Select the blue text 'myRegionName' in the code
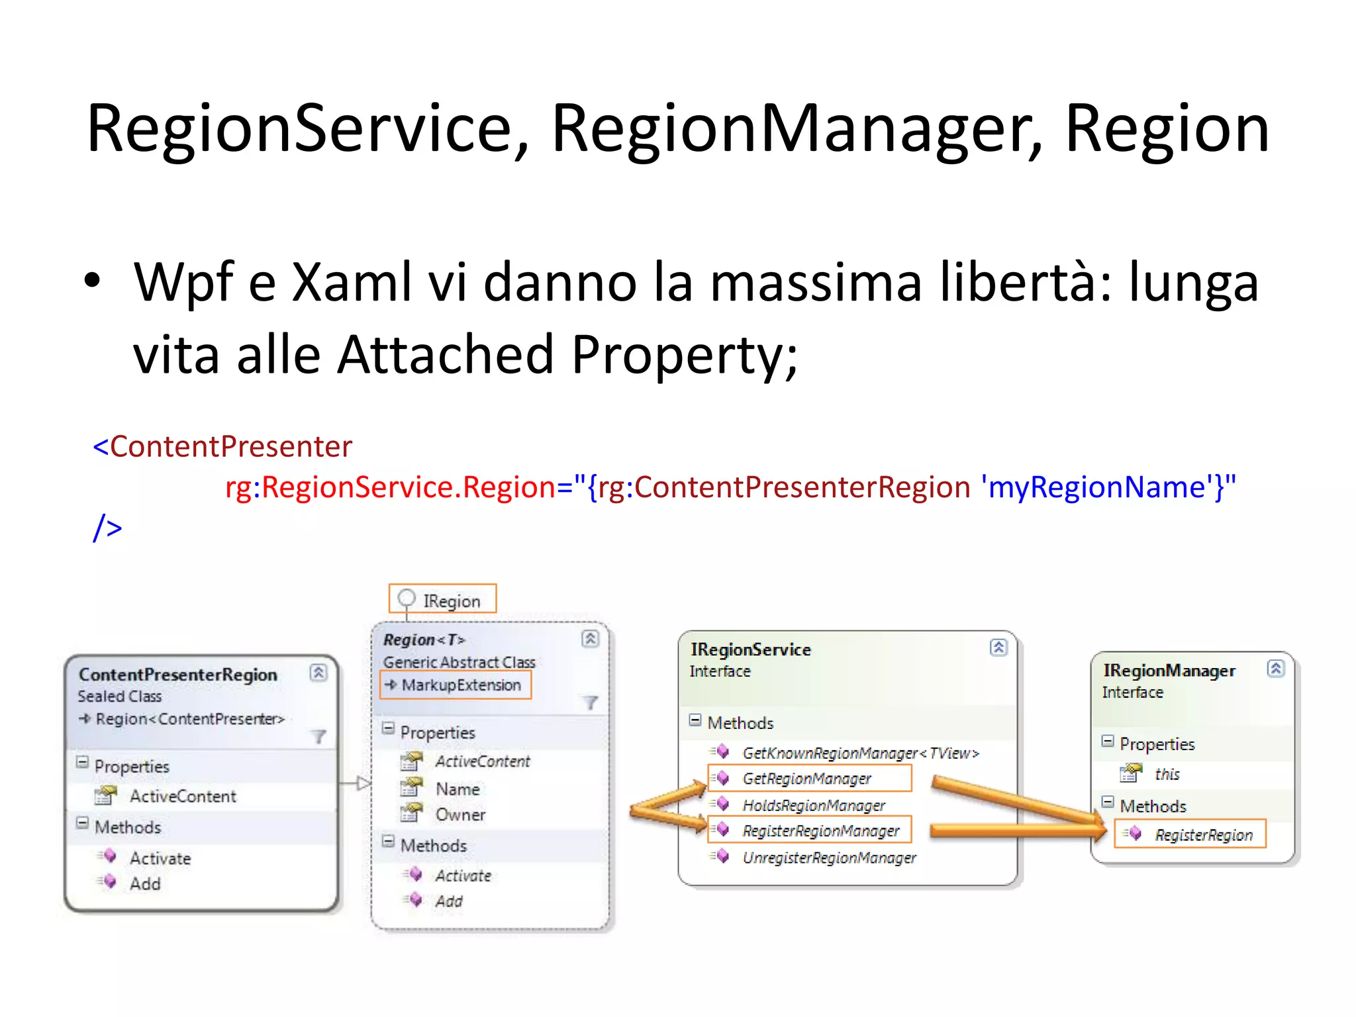[1096, 487]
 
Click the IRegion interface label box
[442, 600]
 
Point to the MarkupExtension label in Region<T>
[461, 685]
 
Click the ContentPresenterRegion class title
[177, 675]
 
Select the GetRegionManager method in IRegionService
[806, 779]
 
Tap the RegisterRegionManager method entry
[820, 831]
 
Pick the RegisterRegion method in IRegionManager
[1203, 835]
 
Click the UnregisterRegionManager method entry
[829, 858]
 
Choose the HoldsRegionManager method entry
[814, 805]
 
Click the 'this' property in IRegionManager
[1167, 774]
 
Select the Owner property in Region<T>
[460, 815]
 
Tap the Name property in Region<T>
[458, 789]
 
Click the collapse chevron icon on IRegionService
[998, 648]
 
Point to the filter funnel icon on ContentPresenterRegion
[319, 736]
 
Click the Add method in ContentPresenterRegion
[145, 885]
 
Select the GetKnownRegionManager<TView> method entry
[860, 753]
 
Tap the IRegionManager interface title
[1169, 671]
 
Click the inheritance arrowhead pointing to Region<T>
[363, 784]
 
